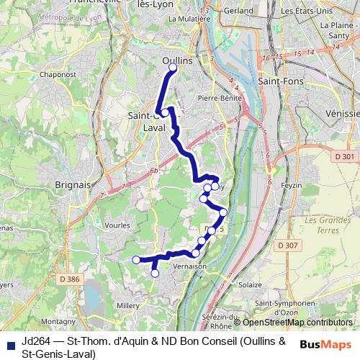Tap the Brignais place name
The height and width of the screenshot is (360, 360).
73,184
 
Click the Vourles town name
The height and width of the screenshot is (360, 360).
117,225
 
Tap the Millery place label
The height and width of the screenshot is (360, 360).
127,305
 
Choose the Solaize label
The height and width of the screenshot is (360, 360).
250,285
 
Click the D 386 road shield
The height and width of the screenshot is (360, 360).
70,279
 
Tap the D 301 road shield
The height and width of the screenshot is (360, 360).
346,156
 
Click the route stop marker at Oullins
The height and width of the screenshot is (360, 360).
173,68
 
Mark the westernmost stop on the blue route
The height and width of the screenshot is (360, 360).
136,260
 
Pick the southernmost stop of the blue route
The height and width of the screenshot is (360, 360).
155,273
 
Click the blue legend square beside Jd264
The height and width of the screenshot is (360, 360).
10,341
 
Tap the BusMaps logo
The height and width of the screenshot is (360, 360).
325,344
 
